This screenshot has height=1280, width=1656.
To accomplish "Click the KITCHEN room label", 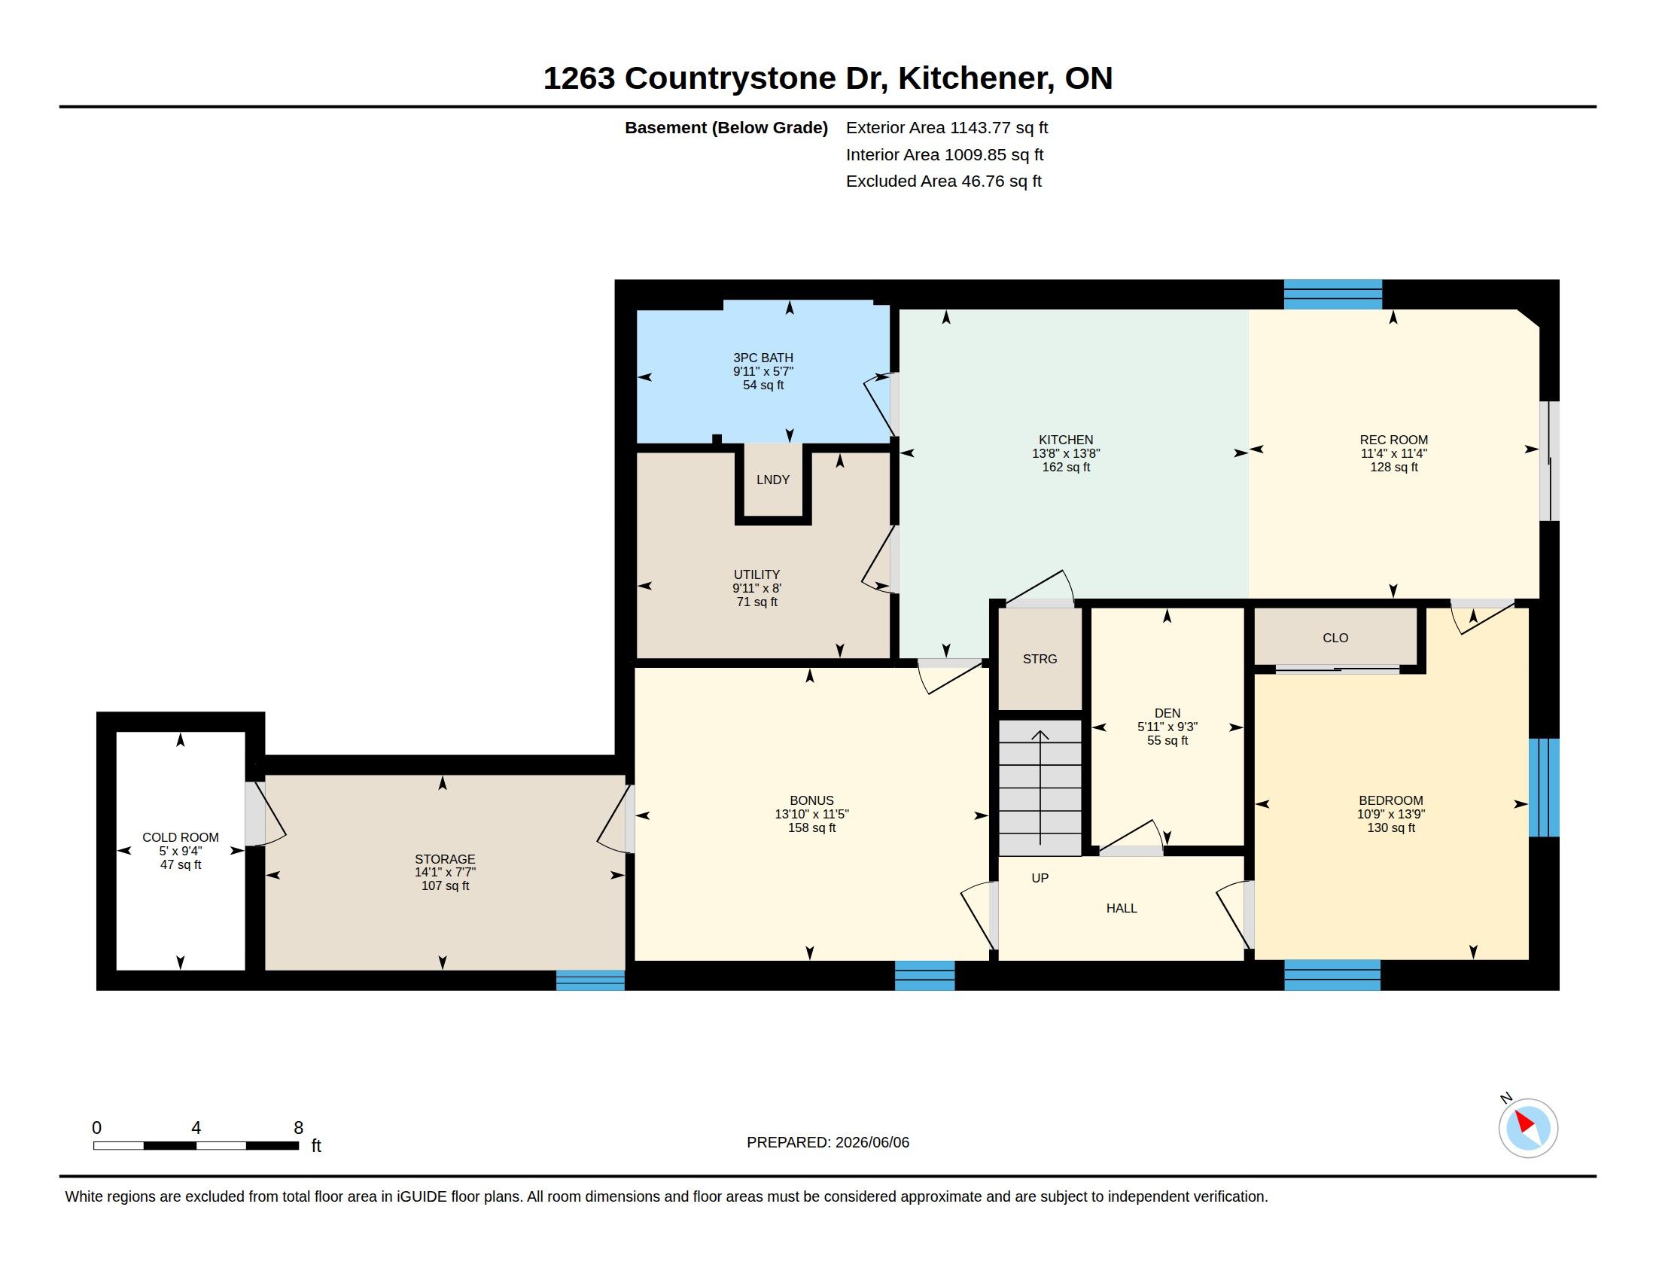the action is click(1065, 440).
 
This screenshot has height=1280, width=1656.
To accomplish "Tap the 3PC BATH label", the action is click(763, 358).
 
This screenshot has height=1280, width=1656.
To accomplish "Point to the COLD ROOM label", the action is click(181, 837).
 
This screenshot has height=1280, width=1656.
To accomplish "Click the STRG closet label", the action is click(1040, 659).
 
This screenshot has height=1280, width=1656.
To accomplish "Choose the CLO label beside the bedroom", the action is click(1335, 638).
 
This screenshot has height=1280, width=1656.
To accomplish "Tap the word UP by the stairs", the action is click(1040, 878).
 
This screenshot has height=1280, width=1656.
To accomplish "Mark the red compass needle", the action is click(1524, 1123).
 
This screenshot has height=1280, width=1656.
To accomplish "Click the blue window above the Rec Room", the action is click(1332, 295).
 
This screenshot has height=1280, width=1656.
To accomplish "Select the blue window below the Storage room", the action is click(590, 980).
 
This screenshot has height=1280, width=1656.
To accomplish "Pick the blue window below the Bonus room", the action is click(924, 976).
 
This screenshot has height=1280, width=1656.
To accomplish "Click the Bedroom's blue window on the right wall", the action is click(1544, 788).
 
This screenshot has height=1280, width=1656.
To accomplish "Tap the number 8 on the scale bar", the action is click(299, 1128).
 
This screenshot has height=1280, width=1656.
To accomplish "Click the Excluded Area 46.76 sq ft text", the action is click(943, 181).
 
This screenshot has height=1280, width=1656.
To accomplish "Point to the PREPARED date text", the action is click(828, 1142).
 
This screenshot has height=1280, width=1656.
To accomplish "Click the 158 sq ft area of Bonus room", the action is click(811, 828).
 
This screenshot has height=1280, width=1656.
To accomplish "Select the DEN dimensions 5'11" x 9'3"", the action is click(1167, 727).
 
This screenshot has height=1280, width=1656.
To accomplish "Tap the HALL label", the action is click(1122, 909).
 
